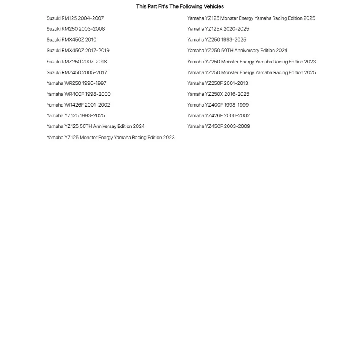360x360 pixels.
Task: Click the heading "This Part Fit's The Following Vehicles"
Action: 180,6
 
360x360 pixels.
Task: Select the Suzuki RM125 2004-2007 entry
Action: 75,18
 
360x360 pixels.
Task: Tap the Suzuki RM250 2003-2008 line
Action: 76,29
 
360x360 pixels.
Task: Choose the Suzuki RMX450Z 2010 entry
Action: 71,40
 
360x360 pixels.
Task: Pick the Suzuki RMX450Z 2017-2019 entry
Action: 78,51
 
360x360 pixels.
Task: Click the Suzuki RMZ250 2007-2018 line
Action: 76,61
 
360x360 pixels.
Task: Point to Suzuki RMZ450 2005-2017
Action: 76,72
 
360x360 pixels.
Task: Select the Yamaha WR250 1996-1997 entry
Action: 76,83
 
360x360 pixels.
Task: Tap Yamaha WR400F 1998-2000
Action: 78,94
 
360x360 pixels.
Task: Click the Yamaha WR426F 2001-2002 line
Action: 78,105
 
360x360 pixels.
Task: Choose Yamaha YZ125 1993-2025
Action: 76,116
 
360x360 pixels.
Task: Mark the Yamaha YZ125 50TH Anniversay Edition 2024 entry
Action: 95,127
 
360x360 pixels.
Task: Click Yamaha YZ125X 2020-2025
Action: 218,29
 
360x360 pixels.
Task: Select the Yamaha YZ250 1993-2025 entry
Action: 217,40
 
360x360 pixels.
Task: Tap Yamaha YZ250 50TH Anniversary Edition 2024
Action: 237,51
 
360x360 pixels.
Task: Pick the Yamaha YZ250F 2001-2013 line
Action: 217,83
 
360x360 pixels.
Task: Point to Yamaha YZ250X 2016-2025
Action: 218,94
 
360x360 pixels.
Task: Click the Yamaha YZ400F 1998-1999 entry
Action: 218,105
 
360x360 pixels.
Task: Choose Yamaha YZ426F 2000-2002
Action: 218,116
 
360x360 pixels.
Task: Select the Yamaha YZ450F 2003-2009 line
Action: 219,127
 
